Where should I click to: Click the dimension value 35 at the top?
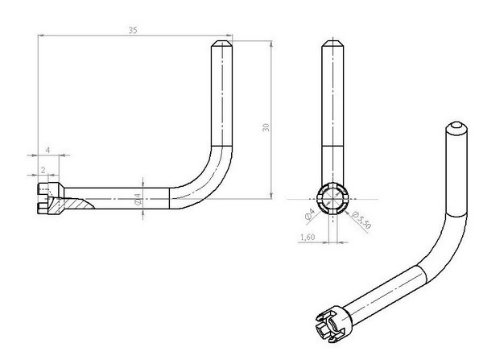[x=133, y=31]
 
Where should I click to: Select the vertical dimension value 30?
[x=266, y=127]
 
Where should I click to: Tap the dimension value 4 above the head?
[x=47, y=150]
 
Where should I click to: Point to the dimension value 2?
[x=43, y=170]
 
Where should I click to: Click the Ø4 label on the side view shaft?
[x=138, y=199]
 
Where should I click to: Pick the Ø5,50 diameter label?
[x=361, y=220]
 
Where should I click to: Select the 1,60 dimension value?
[x=308, y=237]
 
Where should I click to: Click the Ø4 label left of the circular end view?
[x=310, y=214]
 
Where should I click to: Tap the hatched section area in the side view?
[x=70, y=205]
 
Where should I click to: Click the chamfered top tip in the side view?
[x=222, y=43]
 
